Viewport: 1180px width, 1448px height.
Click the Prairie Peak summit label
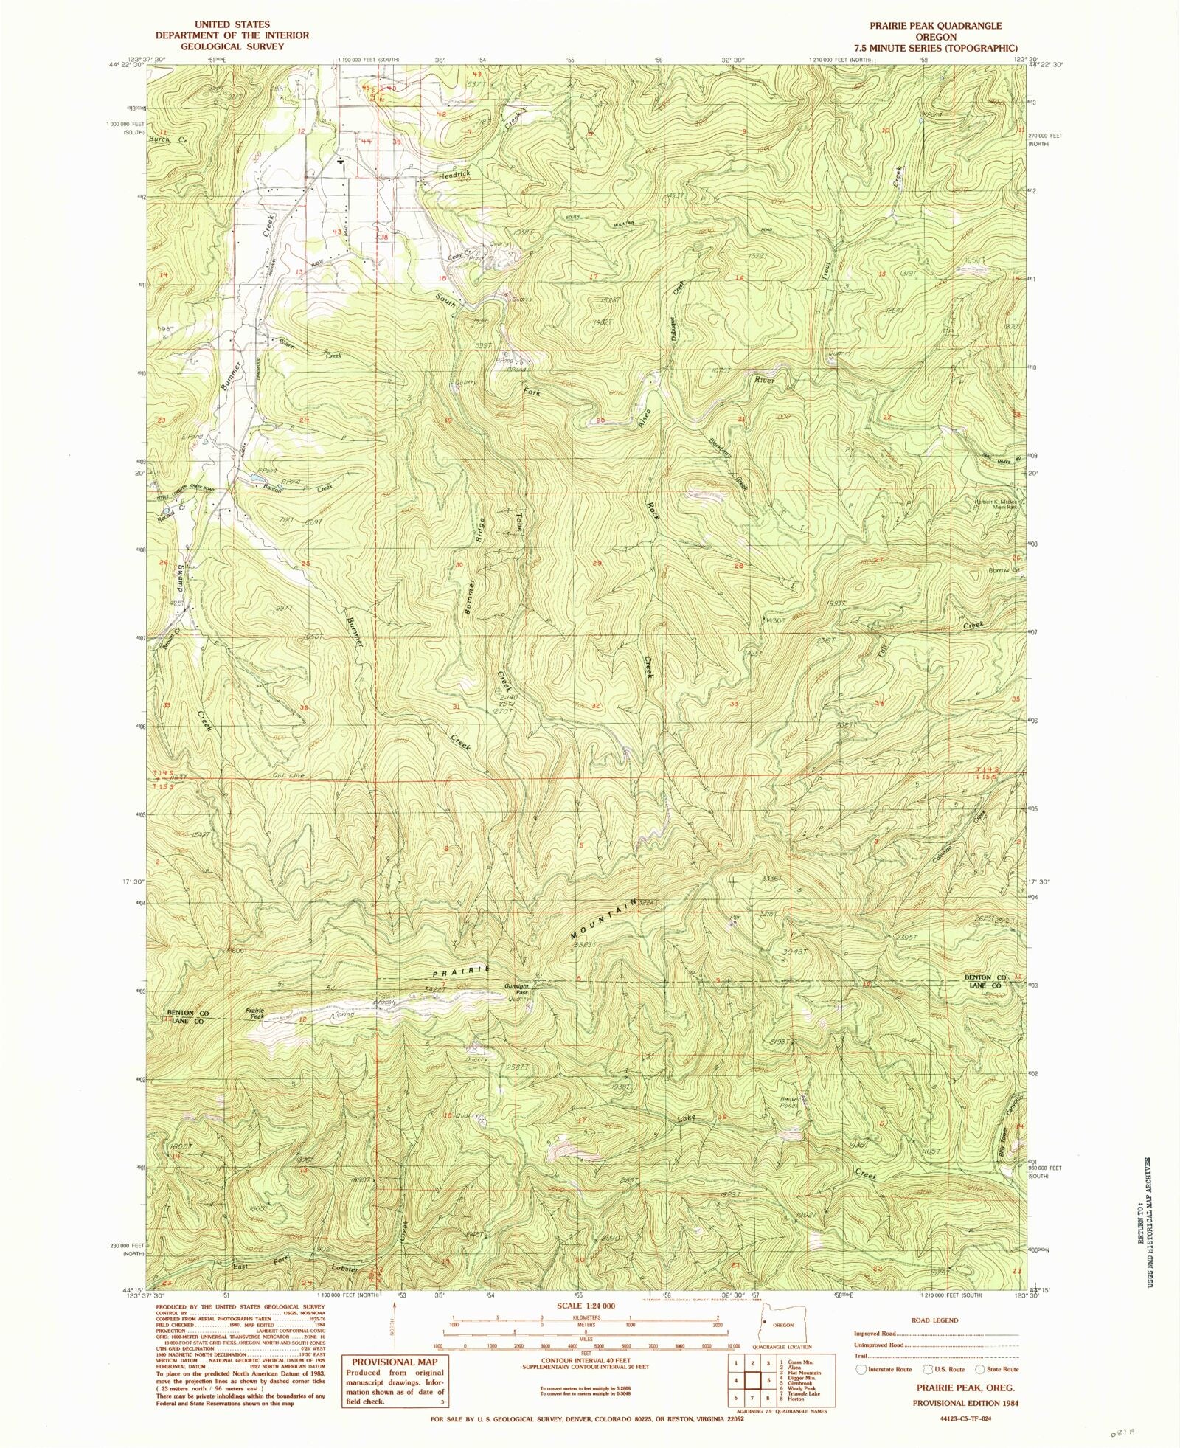(255, 1014)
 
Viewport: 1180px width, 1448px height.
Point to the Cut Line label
(288, 775)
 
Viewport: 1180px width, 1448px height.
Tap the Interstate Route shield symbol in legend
(861, 1370)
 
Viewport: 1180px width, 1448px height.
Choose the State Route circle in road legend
(980, 1370)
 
